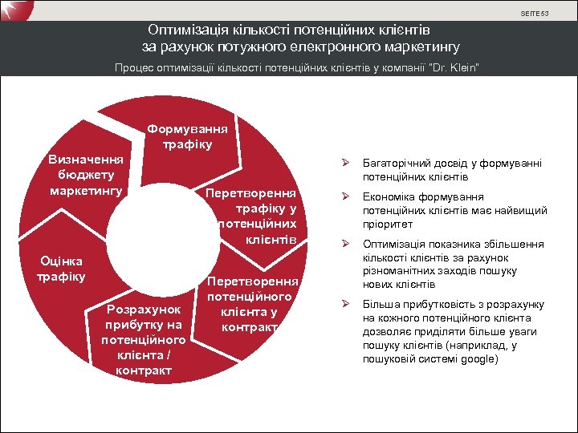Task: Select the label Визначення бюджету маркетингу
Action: (x=86, y=175)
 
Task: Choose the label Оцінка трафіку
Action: (x=61, y=269)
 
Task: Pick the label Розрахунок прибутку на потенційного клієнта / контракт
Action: (x=142, y=339)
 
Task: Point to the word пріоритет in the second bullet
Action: (x=387, y=224)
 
